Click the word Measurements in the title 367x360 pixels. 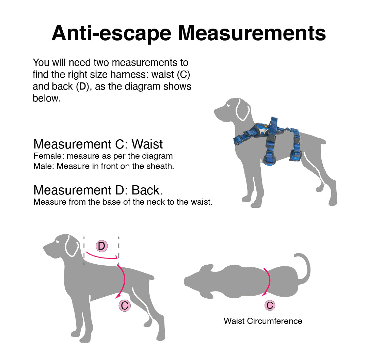pos(252,33)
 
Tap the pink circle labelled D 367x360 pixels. pos(101,246)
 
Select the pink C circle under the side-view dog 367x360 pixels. pos(125,305)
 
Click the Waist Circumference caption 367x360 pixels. pos(263,321)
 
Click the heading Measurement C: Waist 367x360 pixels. pos(98,144)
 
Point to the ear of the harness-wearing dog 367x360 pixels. pos(242,110)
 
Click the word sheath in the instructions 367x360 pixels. pos(161,167)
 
